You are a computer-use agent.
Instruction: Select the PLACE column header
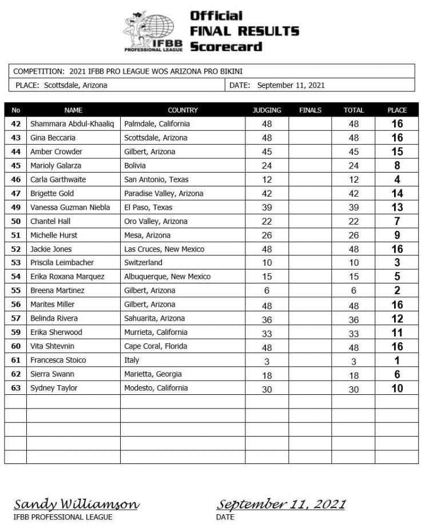pyautogui.click(x=397, y=110)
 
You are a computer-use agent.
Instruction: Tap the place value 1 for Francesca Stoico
pyautogui.click(x=397, y=361)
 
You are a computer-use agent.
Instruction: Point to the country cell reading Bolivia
pyautogui.click(x=135, y=166)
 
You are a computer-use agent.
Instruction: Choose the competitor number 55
pyautogui.click(x=15, y=290)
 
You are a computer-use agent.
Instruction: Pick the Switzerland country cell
pyautogui.click(x=143, y=263)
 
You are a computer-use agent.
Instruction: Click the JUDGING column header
pyautogui.click(x=267, y=110)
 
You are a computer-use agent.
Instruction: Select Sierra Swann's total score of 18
pyautogui.click(x=353, y=375)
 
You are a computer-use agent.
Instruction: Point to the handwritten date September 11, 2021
pyautogui.click(x=281, y=504)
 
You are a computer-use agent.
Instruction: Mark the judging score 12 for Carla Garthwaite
pyautogui.click(x=267, y=179)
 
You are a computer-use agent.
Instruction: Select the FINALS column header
pyautogui.click(x=310, y=110)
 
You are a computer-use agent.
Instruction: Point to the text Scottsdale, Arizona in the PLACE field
pyautogui.click(x=75, y=86)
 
